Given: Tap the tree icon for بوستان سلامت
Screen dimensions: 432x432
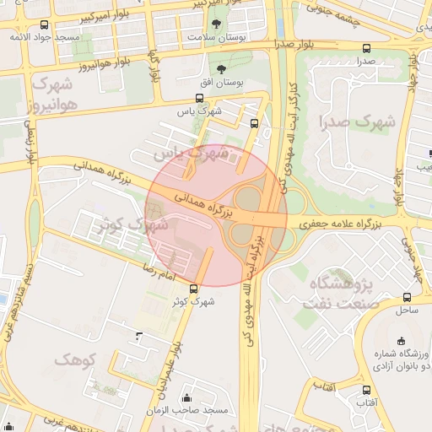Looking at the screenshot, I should coord(217,24).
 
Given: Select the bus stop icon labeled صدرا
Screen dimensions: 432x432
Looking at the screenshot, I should coord(365,48).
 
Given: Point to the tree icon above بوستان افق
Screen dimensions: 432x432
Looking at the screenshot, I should coord(221,69).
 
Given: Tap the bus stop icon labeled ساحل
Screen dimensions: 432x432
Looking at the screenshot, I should coord(408,297).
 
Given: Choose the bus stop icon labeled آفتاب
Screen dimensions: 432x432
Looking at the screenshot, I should coord(366,390).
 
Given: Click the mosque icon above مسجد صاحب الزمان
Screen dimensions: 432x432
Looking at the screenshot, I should coord(186,397).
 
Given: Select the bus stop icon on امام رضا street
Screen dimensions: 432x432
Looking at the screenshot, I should coord(194,288).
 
